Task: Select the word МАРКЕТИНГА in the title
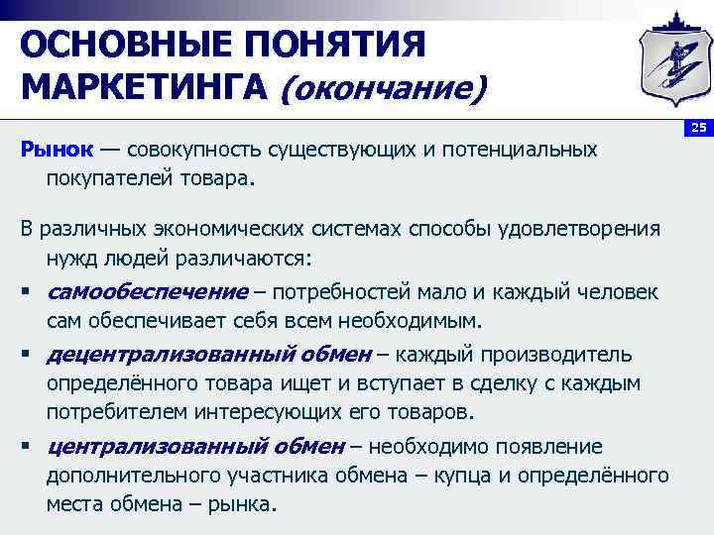click(x=145, y=89)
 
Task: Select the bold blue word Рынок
click(x=57, y=150)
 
